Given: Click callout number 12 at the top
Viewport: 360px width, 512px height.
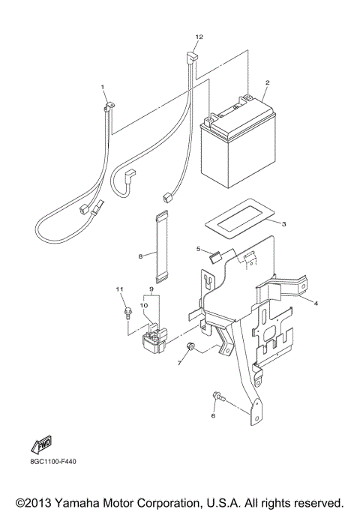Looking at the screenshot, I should pyautogui.click(x=199, y=36).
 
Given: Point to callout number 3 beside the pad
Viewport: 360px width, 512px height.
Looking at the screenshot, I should pyautogui.click(x=283, y=223).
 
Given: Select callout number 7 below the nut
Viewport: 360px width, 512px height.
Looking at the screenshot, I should pyautogui.click(x=180, y=363).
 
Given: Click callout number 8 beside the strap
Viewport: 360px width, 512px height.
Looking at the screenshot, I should pyautogui.click(x=141, y=256).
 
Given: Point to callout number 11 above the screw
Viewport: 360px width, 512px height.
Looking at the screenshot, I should pyautogui.click(x=118, y=289).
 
